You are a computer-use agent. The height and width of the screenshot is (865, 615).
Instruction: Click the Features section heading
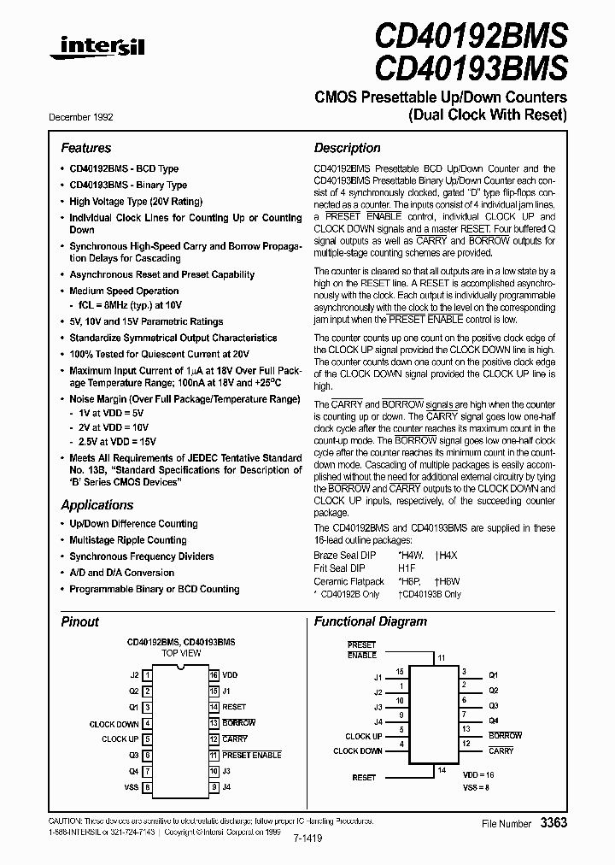85,148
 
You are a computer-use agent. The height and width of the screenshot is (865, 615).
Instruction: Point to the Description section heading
347,148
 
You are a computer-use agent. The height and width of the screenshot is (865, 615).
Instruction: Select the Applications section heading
97,505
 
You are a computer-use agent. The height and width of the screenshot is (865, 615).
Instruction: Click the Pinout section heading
79,621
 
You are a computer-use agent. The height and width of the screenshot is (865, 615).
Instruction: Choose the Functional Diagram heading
370,621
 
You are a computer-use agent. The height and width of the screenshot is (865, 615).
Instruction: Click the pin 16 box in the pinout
214,674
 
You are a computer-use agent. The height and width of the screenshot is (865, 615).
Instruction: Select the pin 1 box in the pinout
148,674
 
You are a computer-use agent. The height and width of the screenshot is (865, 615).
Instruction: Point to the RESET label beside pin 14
234,707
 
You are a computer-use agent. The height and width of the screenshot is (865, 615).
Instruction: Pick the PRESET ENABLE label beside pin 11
251,756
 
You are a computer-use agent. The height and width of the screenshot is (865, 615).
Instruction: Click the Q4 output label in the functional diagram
493,720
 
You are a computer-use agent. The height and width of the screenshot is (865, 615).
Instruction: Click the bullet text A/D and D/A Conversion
121,573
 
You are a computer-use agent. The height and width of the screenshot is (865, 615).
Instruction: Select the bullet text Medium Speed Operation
124,291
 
